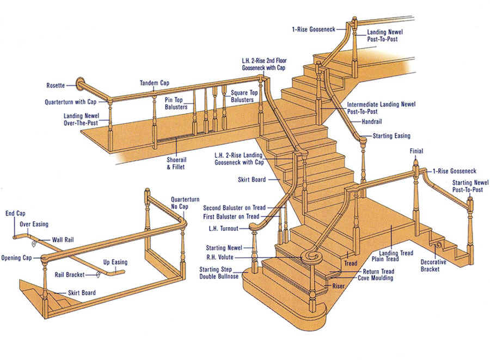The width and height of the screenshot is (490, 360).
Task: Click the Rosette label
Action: (56, 85)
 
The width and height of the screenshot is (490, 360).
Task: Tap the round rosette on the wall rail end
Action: (81, 84)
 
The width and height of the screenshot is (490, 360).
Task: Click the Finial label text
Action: (416, 151)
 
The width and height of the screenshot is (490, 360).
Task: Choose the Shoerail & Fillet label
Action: (176, 163)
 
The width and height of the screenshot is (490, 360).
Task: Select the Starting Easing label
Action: (391, 135)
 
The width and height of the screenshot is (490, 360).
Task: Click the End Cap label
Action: (15, 213)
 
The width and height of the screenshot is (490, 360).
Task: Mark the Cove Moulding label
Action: (375, 278)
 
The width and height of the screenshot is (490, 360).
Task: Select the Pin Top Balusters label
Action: (176, 103)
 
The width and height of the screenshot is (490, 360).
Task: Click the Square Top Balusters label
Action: (242, 96)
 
